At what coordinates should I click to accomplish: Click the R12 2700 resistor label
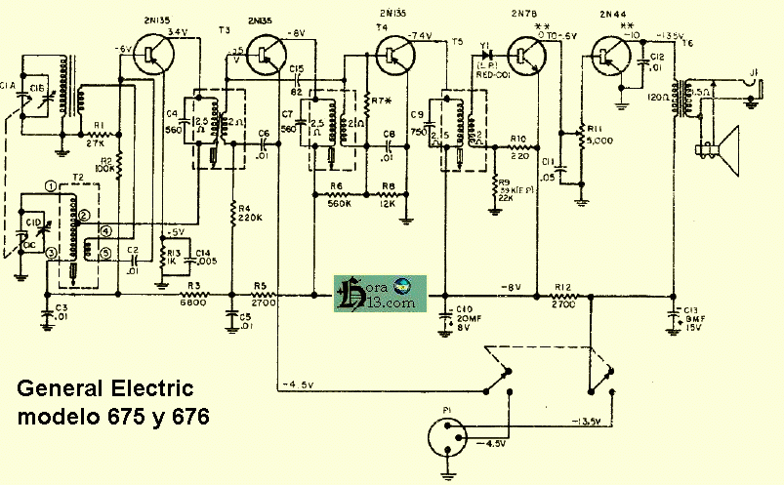click(562, 295)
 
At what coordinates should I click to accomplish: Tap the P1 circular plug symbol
click(448, 433)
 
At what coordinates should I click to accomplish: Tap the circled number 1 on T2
click(49, 186)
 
